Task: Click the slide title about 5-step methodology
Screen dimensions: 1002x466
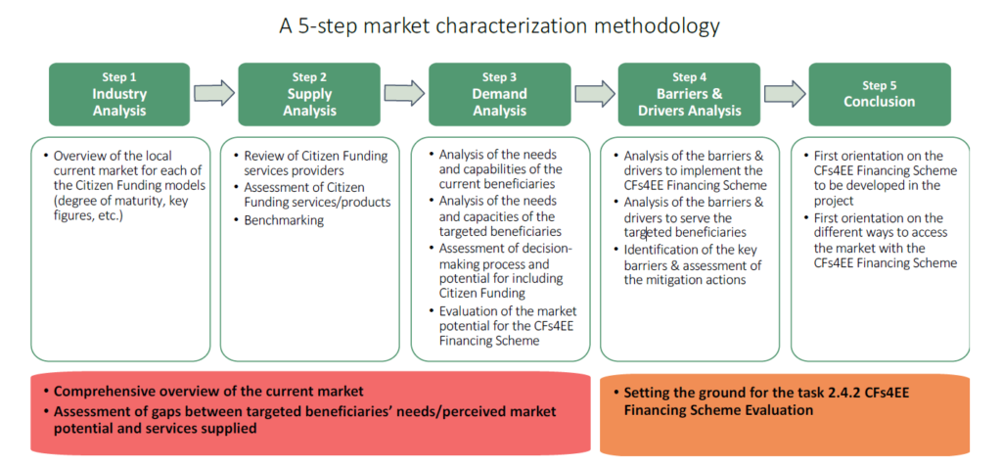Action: (500, 26)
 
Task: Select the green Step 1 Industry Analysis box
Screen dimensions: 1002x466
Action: (119, 94)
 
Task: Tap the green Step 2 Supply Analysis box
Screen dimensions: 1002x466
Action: (309, 94)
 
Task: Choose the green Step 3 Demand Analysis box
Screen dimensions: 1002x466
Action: (499, 94)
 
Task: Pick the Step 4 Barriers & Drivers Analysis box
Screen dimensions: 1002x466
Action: (690, 94)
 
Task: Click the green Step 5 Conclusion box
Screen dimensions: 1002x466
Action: (880, 94)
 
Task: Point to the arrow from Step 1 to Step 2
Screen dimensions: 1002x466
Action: (214, 93)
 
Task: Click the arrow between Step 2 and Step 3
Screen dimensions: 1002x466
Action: (404, 93)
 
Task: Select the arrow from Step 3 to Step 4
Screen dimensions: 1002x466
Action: (594, 93)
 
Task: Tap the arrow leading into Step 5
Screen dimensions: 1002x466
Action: (785, 93)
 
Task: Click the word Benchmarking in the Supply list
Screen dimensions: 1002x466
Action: (284, 220)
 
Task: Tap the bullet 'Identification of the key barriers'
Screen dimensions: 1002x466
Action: (687, 264)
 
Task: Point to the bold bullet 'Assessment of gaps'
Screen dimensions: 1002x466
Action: (299, 419)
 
